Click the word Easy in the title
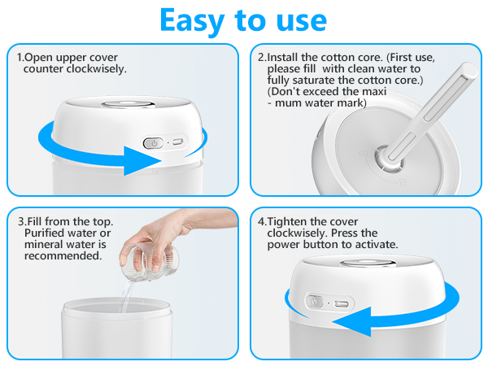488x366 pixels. pyautogui.click(x=195, y=20)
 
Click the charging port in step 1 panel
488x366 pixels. pyautogui.click(x=176, y=142)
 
